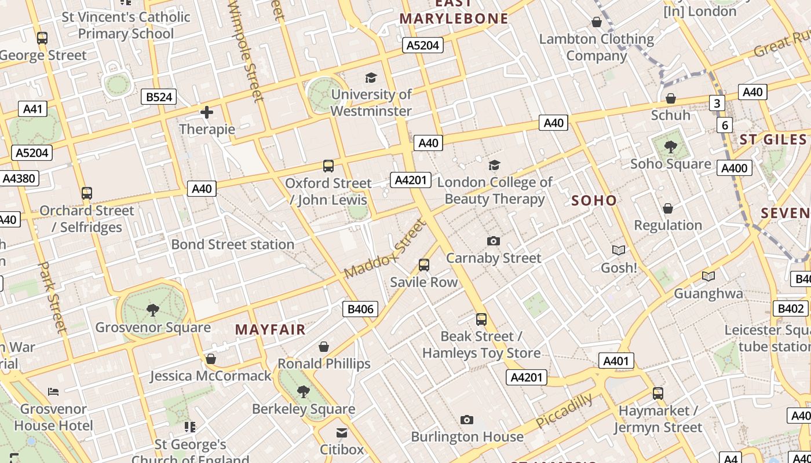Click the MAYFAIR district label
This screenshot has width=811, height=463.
[270, 330]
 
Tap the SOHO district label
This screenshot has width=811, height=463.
[594, 200]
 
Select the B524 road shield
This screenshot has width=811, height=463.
[159, 97]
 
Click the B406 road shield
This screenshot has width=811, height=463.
[360, 309]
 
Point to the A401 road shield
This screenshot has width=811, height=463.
[616, 361]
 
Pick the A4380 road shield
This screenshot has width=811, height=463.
[19, 178]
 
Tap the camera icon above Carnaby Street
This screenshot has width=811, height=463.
[494, 241]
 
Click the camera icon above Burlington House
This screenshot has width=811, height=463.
[467, 420]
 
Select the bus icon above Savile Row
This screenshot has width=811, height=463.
[424, 265]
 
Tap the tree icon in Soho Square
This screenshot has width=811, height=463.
[670, 147]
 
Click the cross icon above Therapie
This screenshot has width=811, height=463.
[207, 112]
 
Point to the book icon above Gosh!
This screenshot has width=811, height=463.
[619, 250]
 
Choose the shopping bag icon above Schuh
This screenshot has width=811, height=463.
[671, 98]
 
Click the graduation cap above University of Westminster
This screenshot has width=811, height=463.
[371, 78]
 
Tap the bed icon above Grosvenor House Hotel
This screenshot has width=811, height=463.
[53, 392]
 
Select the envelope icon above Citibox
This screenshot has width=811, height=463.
[342, 432]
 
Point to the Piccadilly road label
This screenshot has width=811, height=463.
[564, 410]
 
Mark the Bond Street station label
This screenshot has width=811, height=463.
[233, 244]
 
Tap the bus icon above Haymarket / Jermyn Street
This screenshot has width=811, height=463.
[658, 394]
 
